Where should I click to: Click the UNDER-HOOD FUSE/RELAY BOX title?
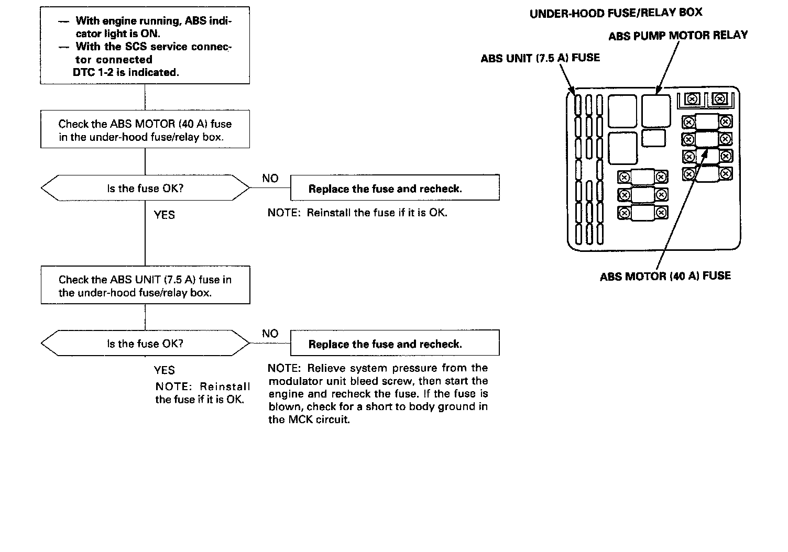[x=616, y=13]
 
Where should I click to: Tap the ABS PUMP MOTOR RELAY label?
[x=678, y=36]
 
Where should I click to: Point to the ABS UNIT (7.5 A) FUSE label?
[x=540, y=58]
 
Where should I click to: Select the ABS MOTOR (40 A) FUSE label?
[x=665, y=276]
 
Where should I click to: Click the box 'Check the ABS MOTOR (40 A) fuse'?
[x=145, y=129]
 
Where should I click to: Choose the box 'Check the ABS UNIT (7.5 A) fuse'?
[x=145, y=285]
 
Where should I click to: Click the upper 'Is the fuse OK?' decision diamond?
[x=145, y=188]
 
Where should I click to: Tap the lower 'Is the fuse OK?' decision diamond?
[x=145, y=344]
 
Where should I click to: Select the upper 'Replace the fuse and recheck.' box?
[x=395, y=189]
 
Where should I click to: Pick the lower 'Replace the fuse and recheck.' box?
[x=395, y=344]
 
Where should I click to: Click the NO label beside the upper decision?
[x=270, y=179]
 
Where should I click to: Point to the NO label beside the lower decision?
[x=270, y=334]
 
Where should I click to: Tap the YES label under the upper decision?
[x=164, y=215]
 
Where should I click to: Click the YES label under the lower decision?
[x=164, y=370]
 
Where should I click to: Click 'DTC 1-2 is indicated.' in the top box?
[x=126, y=72]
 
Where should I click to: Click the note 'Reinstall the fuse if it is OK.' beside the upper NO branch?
[x=357, y=213]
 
